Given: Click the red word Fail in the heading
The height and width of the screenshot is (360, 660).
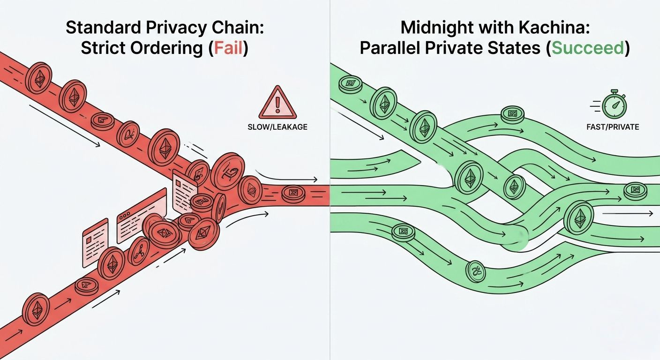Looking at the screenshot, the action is (x=228, y=49).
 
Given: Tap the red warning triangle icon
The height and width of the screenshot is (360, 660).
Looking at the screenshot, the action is (x=277, y=103).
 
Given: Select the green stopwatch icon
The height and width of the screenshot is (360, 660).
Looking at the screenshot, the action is (x=613, y=105).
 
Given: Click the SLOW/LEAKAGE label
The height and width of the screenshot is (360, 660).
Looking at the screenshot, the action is (x=277, y=127).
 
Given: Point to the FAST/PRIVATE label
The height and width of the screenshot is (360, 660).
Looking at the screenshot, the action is (x=613, y=127).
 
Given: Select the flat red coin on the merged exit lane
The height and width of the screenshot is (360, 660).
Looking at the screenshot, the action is (x=294, y=192).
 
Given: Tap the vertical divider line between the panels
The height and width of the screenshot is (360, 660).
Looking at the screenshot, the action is (x=330, y=281).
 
